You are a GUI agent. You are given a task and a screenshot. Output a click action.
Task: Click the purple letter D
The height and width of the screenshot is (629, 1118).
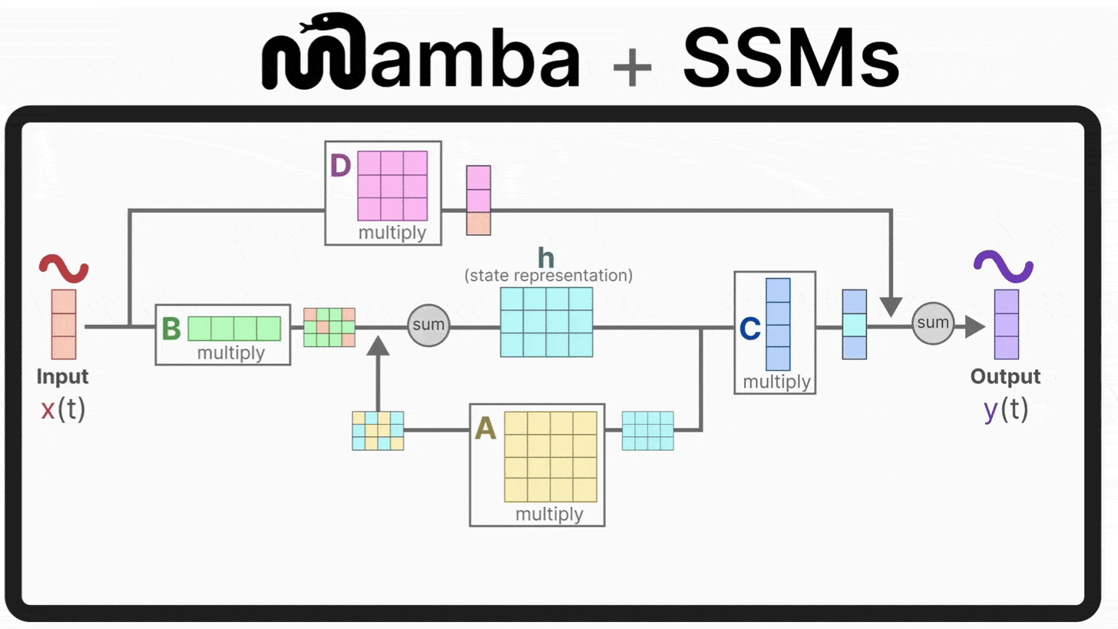click(x=340, y=165)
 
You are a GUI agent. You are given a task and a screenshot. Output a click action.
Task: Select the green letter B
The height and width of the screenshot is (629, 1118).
click(x=171, y=329)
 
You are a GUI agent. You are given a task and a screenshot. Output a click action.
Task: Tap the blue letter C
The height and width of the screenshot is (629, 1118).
click(x=749, y=329)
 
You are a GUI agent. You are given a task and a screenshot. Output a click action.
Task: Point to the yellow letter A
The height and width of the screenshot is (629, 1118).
click(x=485, y=429)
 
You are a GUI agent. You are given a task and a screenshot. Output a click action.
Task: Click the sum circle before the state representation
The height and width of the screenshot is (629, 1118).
click(x=428, y=325)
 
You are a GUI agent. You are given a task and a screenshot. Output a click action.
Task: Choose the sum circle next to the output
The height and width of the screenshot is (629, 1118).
click(x=932, y=323)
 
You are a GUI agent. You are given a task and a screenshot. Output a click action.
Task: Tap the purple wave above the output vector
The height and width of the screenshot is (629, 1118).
click(x=1003, y=266)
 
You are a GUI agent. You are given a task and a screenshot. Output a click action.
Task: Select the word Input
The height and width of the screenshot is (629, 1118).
click(x=62, y=376)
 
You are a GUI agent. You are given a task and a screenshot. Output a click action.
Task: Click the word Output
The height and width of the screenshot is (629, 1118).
click(x=1005, y=376)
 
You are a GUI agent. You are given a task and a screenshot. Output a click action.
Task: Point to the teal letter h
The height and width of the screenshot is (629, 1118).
click(x=546, y=257)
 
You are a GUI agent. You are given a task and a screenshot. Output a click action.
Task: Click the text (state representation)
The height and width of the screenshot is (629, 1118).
click(x=548, y=276)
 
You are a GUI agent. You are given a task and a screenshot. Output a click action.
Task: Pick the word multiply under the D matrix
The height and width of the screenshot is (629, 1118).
click(x=392, y=233)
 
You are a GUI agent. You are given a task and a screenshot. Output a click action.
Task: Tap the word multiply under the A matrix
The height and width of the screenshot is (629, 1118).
click(x=549, y=515)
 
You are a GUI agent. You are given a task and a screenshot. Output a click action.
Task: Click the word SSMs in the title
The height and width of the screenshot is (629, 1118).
click(x=791, y=57)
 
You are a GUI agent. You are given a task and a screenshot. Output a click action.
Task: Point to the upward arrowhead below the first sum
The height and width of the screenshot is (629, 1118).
click(x=378, y=346)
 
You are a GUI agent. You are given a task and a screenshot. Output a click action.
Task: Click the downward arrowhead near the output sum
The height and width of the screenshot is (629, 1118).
click(x=891, y=306)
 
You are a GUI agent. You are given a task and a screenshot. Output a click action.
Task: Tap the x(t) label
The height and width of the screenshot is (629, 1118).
click(x=63, y=409)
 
